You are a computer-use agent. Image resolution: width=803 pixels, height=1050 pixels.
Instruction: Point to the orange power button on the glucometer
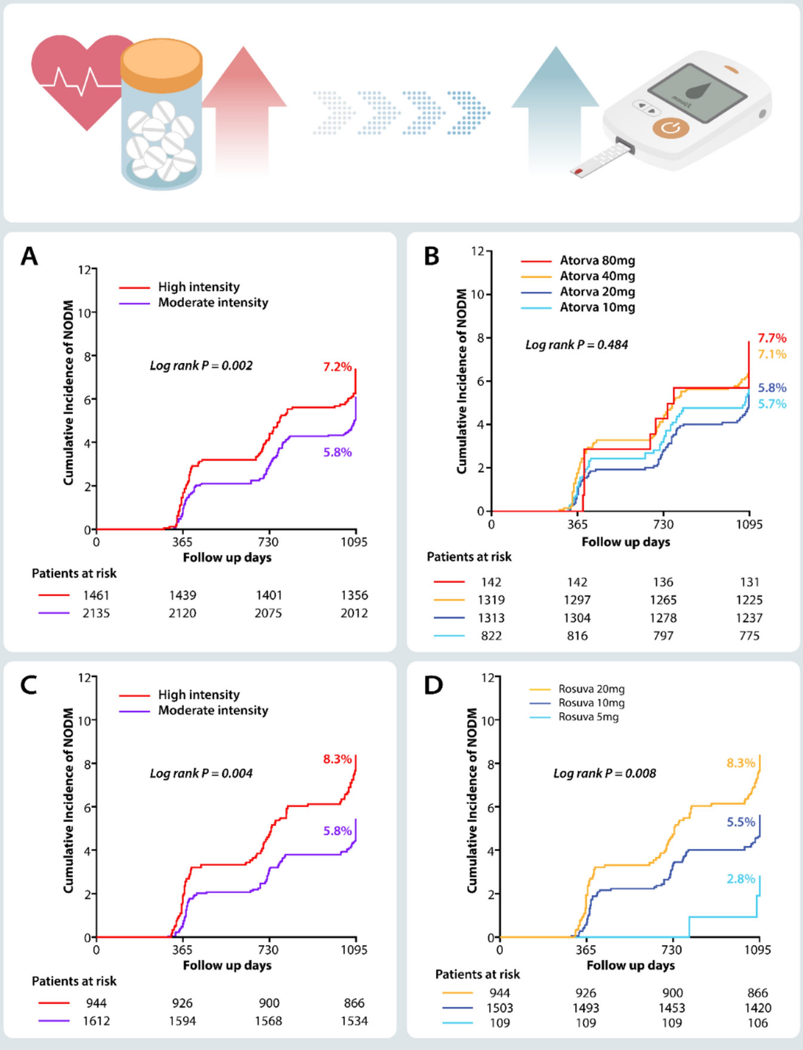671,128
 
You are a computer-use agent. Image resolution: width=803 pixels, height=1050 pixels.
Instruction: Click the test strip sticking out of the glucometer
601,160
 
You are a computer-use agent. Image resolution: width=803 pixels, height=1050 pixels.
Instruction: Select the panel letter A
29,257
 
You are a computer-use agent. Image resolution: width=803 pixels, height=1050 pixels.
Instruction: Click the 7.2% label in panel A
338,367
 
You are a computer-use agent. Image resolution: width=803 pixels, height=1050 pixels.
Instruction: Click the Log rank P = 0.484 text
576,345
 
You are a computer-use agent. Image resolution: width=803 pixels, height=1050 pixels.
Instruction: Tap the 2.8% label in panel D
741,879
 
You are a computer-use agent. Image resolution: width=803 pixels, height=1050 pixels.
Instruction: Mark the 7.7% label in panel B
772,338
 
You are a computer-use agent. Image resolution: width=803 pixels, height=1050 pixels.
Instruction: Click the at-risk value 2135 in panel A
96,613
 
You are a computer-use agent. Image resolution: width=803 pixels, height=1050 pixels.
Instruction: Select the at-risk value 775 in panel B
749,636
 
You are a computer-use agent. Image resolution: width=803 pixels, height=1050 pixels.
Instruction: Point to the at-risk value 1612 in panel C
96,1021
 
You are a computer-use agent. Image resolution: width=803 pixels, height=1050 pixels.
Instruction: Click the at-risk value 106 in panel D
758,1023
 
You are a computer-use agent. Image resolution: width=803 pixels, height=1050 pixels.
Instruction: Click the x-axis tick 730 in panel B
663,524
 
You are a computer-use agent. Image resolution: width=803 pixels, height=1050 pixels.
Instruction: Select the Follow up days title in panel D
631,965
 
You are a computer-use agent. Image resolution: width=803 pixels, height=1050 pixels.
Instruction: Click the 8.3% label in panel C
338,759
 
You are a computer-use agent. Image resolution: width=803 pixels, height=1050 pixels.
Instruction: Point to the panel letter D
434,685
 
